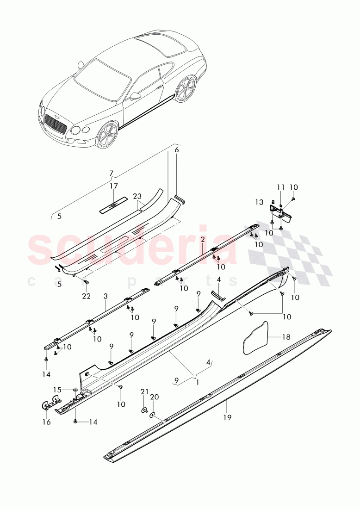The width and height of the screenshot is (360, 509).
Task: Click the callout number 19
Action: tap(227, 417)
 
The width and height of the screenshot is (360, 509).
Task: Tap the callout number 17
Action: tap(113, 186)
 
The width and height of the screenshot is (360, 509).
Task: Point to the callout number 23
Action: tap(137, 196)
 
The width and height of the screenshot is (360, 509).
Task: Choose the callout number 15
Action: tap(56, 389)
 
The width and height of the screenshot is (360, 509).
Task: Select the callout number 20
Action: tap(154, 397)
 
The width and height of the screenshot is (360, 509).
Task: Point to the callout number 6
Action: tap(176, 149)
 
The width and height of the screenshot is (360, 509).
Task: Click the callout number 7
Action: tap(111, 174)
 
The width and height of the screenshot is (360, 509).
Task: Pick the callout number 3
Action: tap(106, 295)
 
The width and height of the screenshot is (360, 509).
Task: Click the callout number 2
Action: tap(203, 240)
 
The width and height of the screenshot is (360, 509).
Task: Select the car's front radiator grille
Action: tap(56, 124)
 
